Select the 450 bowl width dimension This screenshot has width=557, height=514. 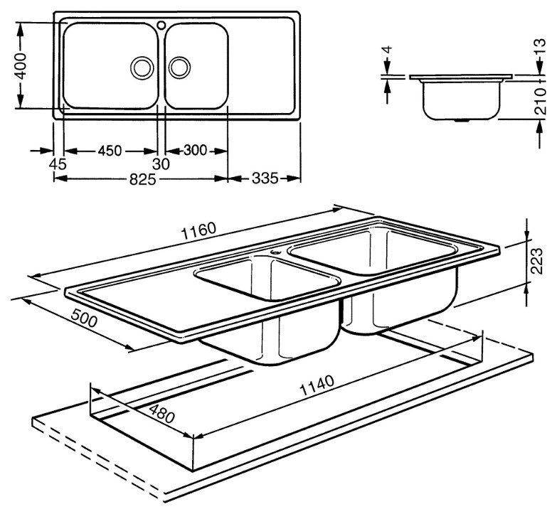[110, 151]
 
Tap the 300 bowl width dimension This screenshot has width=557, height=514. [195, 151]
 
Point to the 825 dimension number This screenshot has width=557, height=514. [142, 180]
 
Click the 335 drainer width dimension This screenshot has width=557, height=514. [265, 178]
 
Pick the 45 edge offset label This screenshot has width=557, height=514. [58, 164]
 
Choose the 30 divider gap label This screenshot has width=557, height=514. [161, 164]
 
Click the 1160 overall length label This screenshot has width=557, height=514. [198, 231]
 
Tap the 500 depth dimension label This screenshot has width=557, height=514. [84, 318]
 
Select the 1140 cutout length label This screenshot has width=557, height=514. [317, 385]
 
